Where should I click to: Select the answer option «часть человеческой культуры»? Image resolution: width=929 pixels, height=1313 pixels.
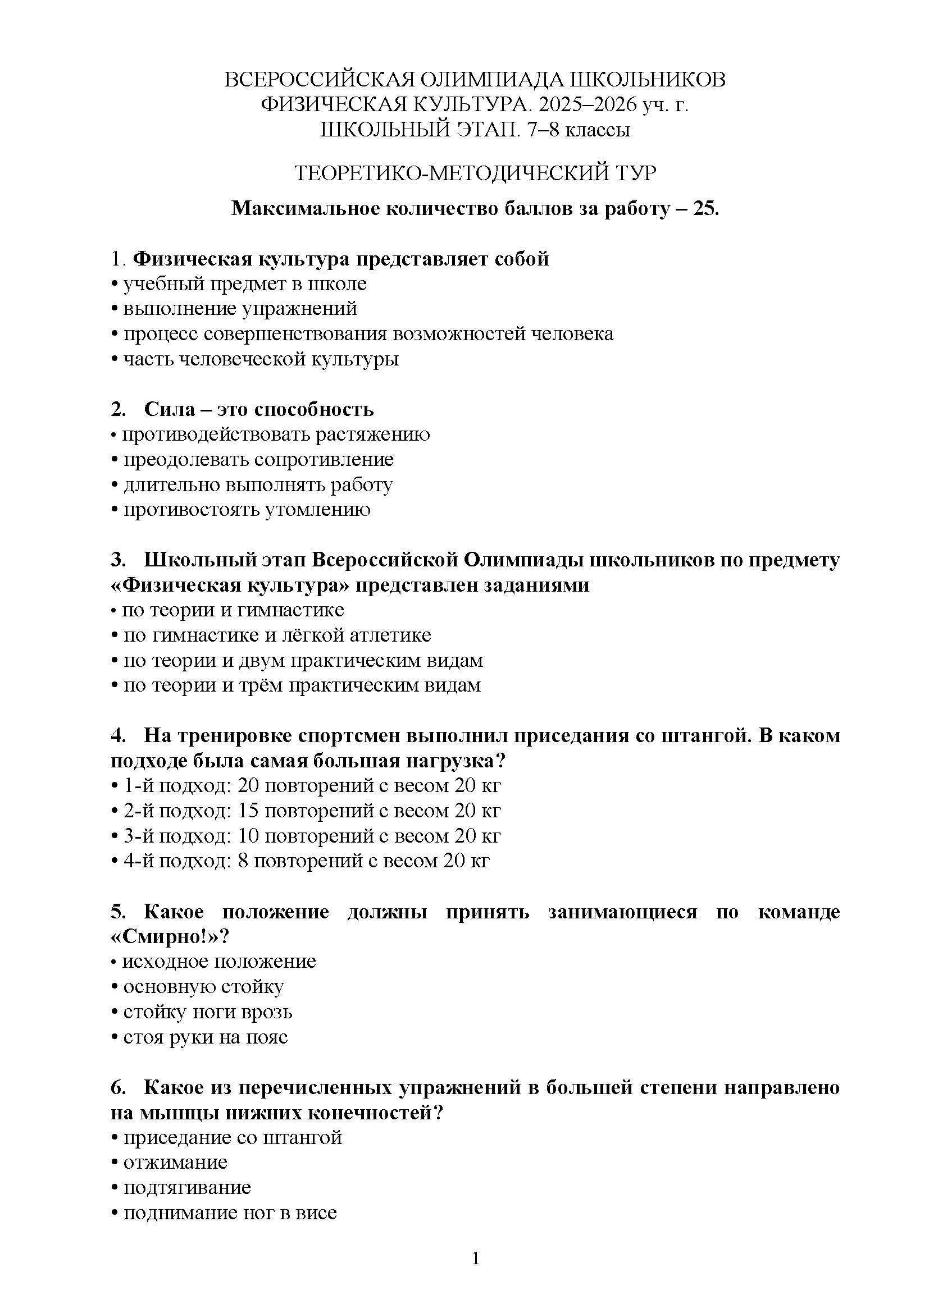(x=261, y=359)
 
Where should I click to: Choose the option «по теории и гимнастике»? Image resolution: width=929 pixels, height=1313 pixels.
(x=233, y=610)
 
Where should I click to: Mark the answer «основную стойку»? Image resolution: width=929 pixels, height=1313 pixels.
(x=204, y=986)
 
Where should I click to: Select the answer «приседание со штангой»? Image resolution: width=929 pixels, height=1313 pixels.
(x=233, y=1137)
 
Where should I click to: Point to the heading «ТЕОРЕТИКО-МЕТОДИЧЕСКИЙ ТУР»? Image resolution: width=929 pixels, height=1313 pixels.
(x=475, y=172)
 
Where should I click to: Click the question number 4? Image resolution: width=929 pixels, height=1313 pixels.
(x=118, y=735)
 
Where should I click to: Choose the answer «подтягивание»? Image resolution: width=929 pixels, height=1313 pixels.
(x=187, y=1187)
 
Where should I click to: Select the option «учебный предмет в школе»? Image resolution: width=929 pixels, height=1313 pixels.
(x=245, y=283)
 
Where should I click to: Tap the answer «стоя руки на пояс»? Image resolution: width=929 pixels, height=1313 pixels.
(x=206, y=1037)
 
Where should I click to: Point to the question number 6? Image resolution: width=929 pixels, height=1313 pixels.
(x=118, y=1087)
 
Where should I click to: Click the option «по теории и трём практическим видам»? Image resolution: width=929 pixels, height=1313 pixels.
(x=302, y=685)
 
